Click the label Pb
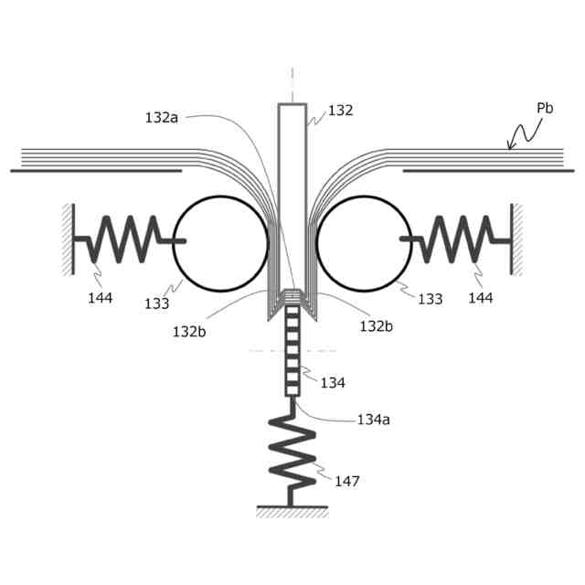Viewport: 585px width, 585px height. coord(545,108)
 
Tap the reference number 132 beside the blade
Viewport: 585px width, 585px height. coord(340,111)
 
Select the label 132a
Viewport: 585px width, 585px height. coord(162,117)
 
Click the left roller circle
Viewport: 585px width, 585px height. coord(220,243)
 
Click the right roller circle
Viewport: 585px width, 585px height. coord(363,243)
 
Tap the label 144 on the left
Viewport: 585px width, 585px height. coord(100,298)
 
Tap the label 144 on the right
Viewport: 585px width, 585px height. coord(480,298)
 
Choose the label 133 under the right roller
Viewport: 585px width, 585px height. coord(430,299)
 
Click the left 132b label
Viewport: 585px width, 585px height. coord(189,331)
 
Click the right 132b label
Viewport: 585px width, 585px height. coord(377,326)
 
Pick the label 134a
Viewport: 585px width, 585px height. coord(373,420)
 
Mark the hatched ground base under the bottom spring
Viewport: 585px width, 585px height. coord(292,511)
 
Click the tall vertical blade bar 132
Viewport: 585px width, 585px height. coord(292,183)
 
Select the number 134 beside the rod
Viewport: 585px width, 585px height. coord(333,382)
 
